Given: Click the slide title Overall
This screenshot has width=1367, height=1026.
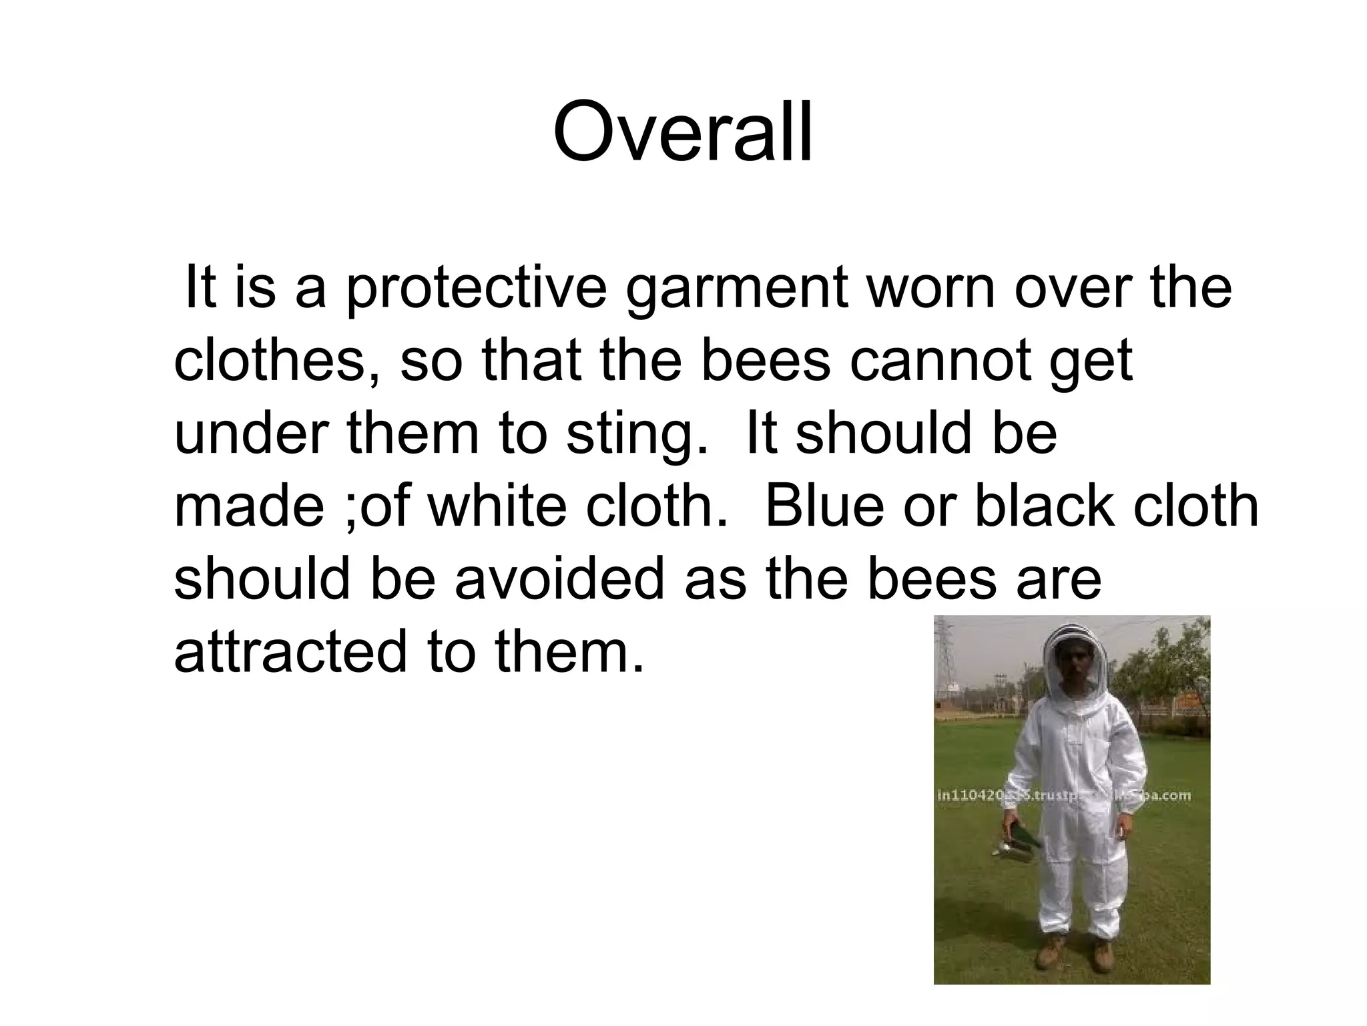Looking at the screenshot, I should (683, 132).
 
